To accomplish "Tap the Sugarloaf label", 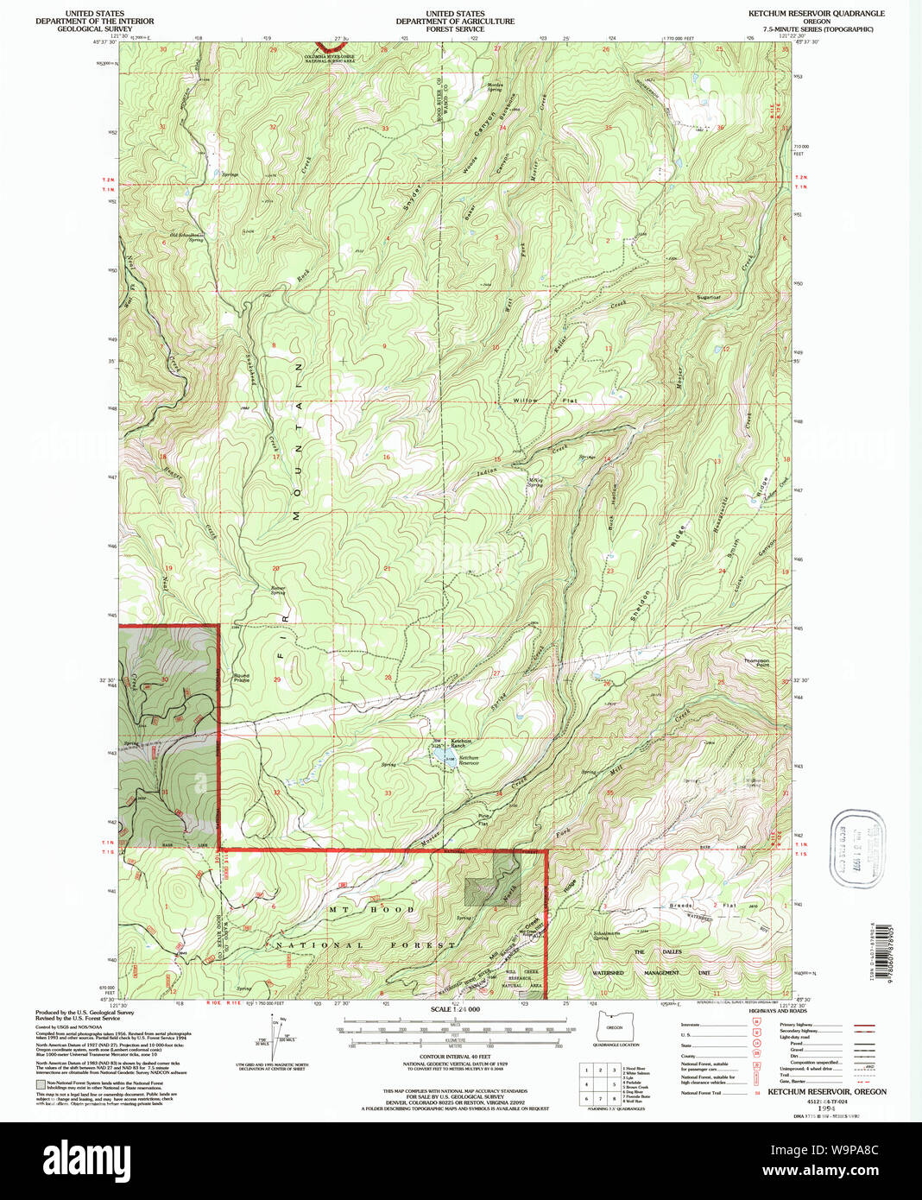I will coord(708,297).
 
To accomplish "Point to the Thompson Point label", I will coord(756,663).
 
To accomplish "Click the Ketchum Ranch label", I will coord(461,742).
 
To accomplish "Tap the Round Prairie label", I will coord(241,678).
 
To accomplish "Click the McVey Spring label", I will coord(535,483).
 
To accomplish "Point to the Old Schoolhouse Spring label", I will coord(186,237).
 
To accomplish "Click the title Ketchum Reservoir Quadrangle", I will coord(804,14).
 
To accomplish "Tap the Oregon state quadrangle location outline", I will coord(615,1028).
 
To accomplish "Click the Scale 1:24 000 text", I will coord(455,1009).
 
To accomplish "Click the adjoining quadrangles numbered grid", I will coord(599,1084).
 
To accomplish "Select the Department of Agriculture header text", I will coord(455,22).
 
